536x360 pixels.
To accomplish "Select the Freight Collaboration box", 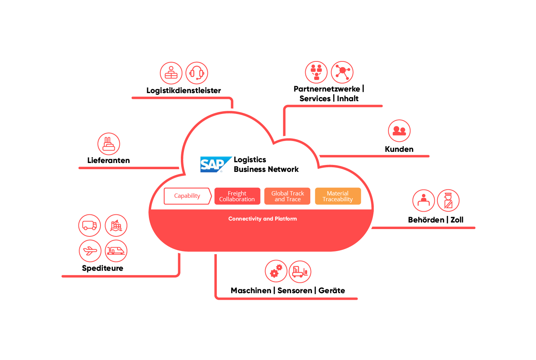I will tap(237, 196).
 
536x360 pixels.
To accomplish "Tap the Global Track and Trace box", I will tap(287, 196).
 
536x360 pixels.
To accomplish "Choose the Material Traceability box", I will tap(338, 196).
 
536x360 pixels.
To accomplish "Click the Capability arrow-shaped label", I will tap(187, 196).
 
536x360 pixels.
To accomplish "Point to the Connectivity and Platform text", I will tap(262, 219).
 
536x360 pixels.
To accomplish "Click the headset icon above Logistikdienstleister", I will tap(197, 73).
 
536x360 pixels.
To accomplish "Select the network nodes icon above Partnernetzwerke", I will tap(342, 72).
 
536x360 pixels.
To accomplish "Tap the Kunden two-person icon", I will tap(399, 131).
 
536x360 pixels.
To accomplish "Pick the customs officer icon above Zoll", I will tap(448, 200).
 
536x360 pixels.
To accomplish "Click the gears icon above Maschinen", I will tap(276, 271).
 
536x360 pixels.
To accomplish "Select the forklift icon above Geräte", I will tap(300, 271).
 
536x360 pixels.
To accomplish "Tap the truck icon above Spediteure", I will tap(89, 225).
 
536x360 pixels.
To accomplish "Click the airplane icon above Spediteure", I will tap(90, 251).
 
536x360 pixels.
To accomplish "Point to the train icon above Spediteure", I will tap(116, 251).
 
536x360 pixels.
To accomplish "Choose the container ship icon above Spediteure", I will tap(116, 225).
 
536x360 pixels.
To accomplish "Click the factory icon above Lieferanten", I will tap(109, 144).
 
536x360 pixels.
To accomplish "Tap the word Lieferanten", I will tap(109, 160).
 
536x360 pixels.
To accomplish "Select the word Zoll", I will tap(457, 220).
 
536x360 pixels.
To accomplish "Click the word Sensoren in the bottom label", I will tap(294, 290).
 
